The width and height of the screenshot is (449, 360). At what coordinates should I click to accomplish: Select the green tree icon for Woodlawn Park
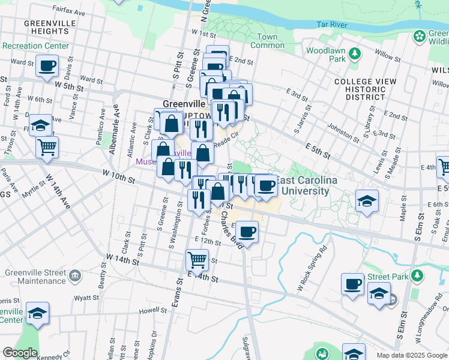pos(355,55)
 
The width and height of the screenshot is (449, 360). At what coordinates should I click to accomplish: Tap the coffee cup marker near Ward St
pos(47,66)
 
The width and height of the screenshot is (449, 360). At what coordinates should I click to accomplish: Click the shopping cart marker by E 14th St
pos(197,260)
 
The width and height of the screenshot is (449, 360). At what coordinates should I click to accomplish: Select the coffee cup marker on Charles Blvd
pos(247,231)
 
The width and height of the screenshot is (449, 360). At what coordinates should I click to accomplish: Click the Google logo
pos(20,353)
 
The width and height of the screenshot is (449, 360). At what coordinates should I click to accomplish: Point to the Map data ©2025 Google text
pos(412,355)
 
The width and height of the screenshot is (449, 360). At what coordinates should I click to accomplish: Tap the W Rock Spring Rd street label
pos(312,268)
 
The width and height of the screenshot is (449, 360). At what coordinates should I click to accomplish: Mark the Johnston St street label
pos(343,134)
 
